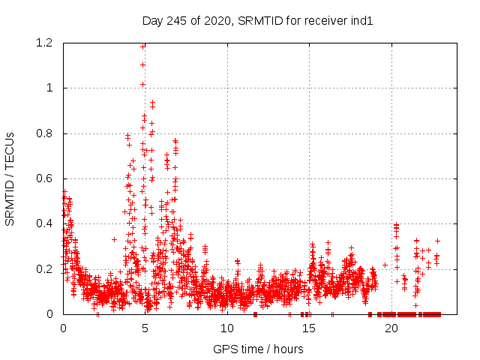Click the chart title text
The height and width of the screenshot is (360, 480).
tap(257, 20)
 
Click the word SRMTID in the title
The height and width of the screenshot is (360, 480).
tap(259, 20)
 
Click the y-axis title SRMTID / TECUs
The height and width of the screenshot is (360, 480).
tap(10, 178)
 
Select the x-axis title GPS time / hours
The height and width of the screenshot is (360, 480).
tap(258, 349)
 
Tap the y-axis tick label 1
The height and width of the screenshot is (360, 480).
tap(51, 88)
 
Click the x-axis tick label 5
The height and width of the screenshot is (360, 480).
tap(145, 328)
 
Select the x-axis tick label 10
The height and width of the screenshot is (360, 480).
tap(227, 328)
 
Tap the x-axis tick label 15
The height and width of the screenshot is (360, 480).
tap(309, 328)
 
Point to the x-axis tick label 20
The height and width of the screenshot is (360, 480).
tap(391, 328)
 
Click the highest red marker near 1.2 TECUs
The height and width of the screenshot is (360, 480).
tap(142, 46)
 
